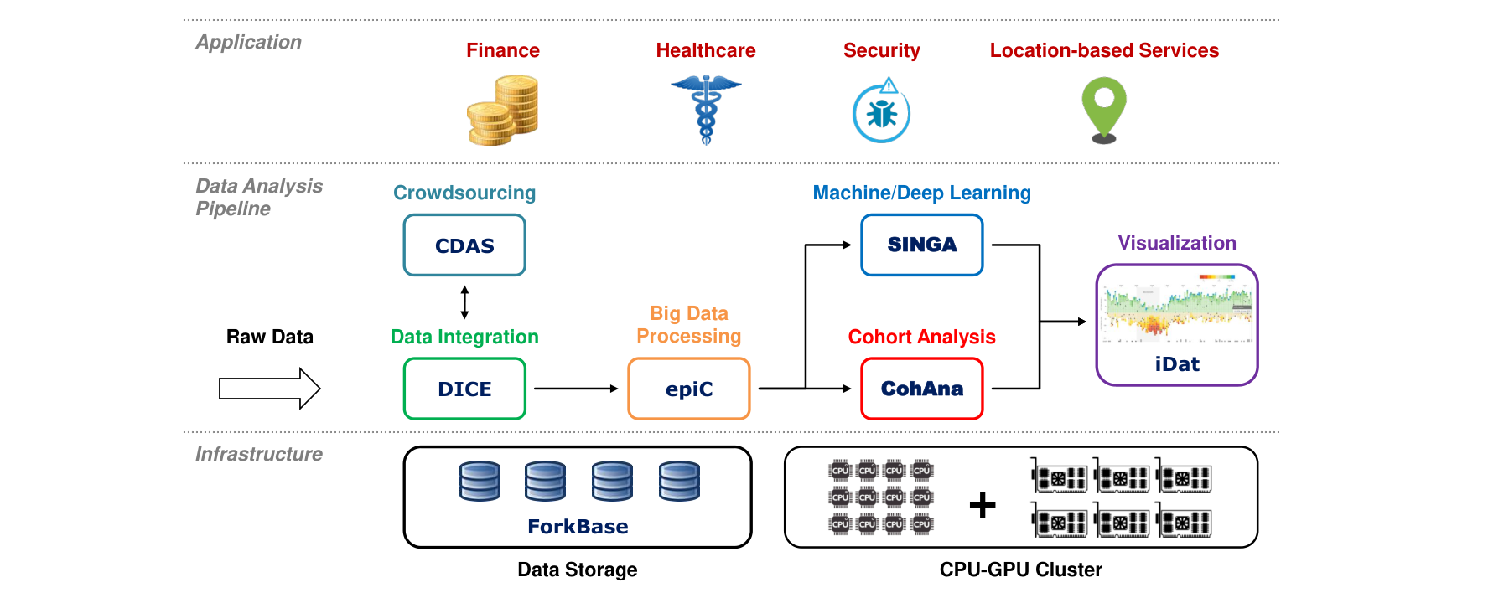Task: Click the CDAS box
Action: (464, 245)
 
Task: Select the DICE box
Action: (464, 389)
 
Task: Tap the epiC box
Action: (689, 389)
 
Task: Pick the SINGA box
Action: (922, 245)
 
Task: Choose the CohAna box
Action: (922, 389)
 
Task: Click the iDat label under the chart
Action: (1177, 364)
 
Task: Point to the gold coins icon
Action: (503, 110)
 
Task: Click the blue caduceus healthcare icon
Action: (706, 110)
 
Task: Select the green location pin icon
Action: (1104, 110)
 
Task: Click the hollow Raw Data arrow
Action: (270, 389)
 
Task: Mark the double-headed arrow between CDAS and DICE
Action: (464, 302)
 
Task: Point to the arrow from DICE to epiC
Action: (576, 389)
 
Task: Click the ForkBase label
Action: (578, 527)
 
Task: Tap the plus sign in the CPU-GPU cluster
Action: (983, 505)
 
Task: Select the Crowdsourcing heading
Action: (464, 193)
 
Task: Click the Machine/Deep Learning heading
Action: (922, 193)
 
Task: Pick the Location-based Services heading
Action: (1104, 50)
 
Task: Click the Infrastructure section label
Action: (259, 454)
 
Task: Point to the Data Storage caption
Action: (578, 569)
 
